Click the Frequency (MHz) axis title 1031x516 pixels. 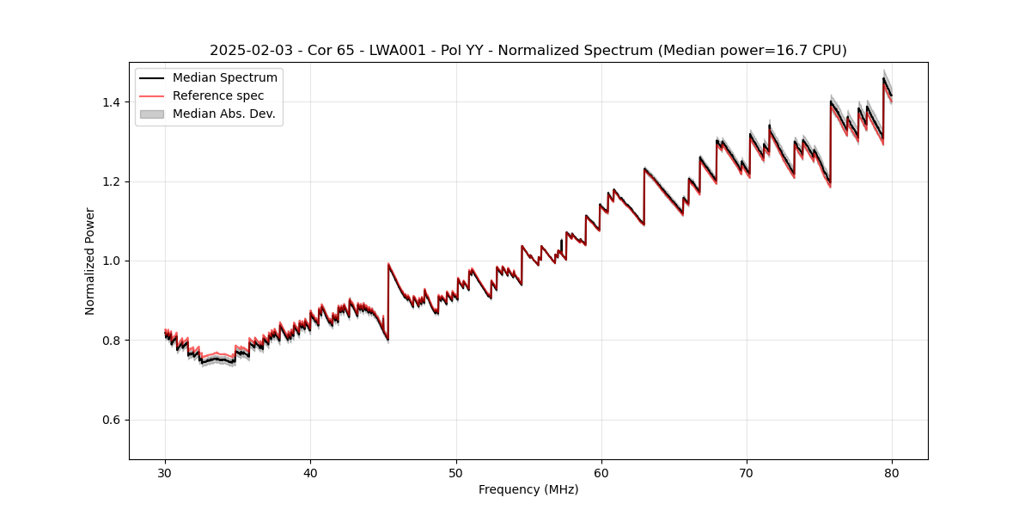point(528,489)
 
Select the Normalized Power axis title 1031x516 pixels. point(90,261)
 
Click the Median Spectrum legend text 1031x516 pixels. point(224,78)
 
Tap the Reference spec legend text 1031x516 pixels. point(218,95)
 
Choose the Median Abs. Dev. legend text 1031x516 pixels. point(223,114)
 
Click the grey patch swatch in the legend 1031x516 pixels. point(152,114)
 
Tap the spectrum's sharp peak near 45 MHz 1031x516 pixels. point(388,265)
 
